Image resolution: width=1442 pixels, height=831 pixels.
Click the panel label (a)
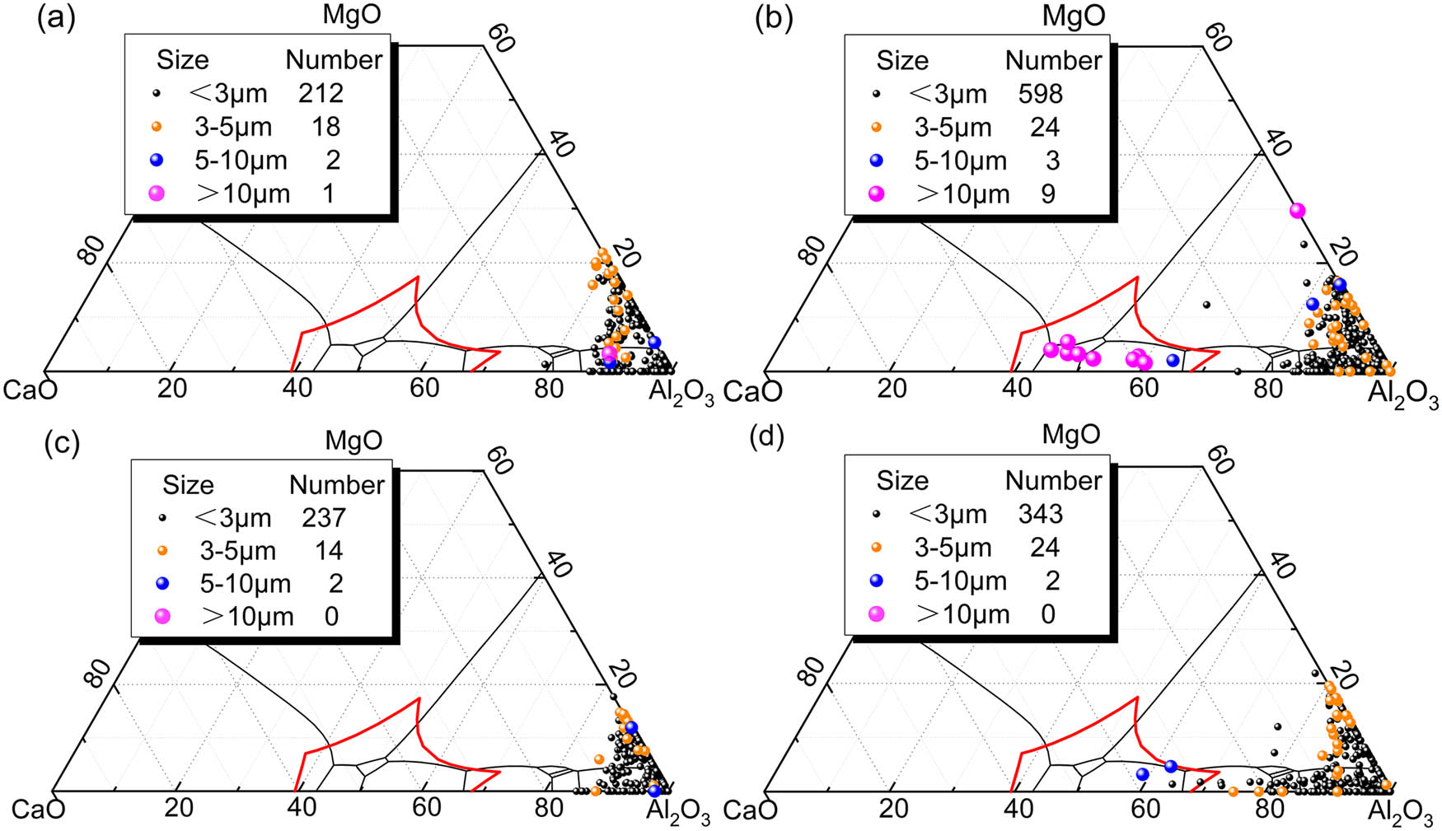(x=56, y=18)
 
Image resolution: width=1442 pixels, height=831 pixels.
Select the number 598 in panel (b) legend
(x=1040, y=94)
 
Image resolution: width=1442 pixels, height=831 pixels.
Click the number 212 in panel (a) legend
(x=321, y=93)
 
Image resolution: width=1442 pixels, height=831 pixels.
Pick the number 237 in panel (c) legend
(x=323, y=517)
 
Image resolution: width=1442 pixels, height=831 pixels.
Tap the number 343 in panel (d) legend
(x=1040, y=514)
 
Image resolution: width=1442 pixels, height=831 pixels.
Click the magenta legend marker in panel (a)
(x=156, y=194)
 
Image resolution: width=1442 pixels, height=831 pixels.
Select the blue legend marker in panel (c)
(x=162, y=583)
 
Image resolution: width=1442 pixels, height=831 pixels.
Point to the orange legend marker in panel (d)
(x=876, y=547)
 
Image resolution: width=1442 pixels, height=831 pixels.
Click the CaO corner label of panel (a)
(x=30, y=390)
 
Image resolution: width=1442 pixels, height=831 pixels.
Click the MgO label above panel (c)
(x=353, y=440)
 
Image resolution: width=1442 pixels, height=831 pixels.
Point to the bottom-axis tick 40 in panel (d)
(x=1018, y=809)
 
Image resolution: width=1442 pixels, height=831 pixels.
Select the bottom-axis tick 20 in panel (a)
(x=171, y=388)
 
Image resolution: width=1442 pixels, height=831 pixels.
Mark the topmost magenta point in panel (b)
(x=1297, y=211)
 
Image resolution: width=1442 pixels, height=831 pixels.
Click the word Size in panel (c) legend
(x=188, y=484)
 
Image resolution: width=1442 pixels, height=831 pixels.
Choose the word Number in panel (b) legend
(x=1053, y=60)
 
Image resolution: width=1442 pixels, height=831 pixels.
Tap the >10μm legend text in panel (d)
(x=962, y=614)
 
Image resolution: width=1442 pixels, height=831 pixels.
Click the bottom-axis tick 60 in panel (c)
(x=426, y=807)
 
